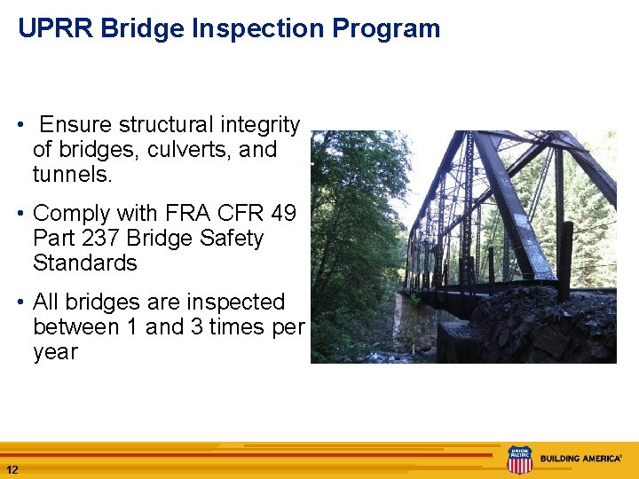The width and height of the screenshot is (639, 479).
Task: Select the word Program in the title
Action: (386, 28)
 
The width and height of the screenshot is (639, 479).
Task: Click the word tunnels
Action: (72, 175)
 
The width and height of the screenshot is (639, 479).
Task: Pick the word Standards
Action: (85, 263)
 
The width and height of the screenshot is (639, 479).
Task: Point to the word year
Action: (55, 352)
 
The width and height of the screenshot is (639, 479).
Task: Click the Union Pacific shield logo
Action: (519, 459)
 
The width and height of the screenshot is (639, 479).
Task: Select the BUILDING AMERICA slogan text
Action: (581, 459)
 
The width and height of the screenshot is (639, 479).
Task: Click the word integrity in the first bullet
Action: (257, 125)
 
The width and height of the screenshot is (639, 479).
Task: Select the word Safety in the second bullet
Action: (232, 239)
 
